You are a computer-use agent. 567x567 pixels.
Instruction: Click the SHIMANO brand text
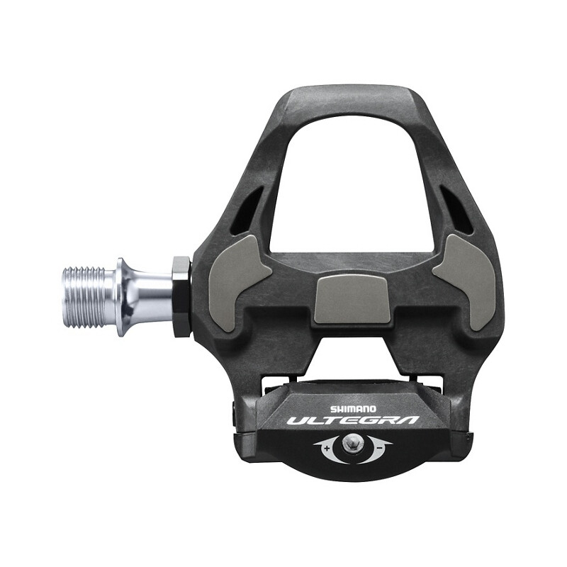[x=353, y=409]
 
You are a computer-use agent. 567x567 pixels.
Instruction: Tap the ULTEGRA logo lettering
[x=354, y=420]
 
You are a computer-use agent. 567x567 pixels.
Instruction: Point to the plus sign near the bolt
[x=327, y=449]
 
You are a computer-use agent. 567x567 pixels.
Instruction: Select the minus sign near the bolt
[x=380, y=448]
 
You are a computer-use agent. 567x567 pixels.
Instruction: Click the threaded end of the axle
[x=84, y=297]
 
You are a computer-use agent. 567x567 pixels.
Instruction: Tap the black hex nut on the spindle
[x=182, y=297]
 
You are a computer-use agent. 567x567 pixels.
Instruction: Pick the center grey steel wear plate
[x=352, y=298]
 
